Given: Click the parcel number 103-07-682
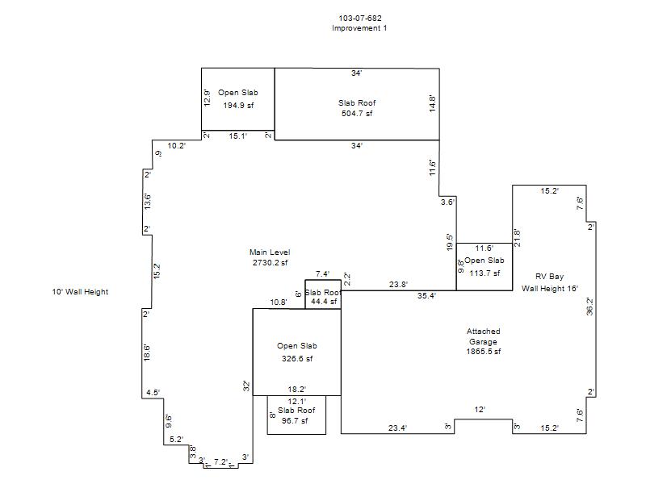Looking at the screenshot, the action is tap(360, 18).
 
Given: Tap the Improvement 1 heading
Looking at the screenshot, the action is tap(359, 28).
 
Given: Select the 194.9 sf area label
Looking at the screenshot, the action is tap(238, 106).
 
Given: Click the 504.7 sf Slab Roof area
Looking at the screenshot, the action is tap(357, 113).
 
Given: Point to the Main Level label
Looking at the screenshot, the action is tap(270, 252).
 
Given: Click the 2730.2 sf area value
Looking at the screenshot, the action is tap(270, 263).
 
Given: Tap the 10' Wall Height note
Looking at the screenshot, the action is tap(80, 292).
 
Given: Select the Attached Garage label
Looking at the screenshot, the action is tap(483, 336).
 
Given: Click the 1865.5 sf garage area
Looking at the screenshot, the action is tap(483, 352).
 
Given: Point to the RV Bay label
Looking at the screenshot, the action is tap(549, 277).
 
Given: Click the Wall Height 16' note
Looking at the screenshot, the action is tap(550, 289).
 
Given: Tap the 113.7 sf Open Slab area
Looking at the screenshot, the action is tap(484, 273).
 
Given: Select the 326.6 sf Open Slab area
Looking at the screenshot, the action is tap(297, 358).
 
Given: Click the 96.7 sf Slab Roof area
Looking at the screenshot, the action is tap(295, 420).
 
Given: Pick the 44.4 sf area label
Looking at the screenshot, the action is tap(324, 301).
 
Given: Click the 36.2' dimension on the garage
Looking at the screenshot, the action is tap(589, 307).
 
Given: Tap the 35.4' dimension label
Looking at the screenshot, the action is tap(426, 295).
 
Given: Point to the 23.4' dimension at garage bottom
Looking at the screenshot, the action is tap(397, 428).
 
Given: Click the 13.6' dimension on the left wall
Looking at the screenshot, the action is tap(147, 201).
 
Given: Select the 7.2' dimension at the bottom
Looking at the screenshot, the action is tap(220, 461).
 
